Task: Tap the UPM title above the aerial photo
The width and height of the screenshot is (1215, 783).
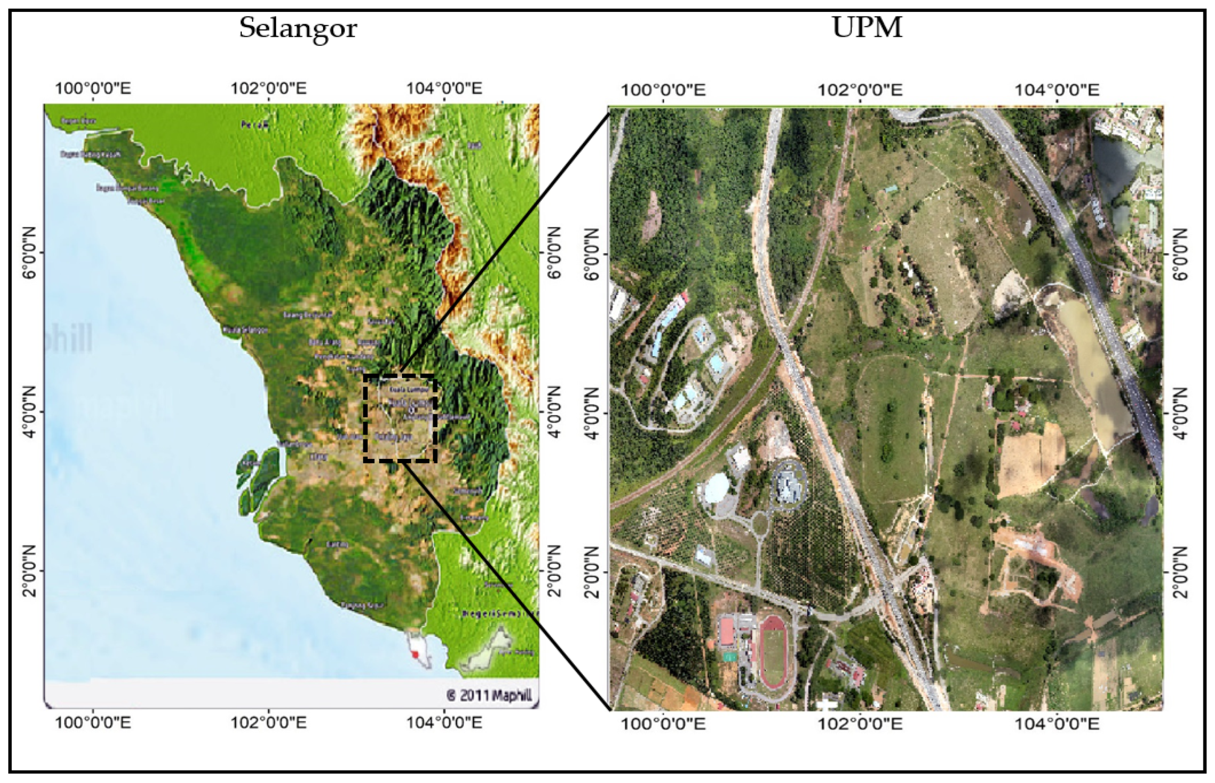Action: (867, 27)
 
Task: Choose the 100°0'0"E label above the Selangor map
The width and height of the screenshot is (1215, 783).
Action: (93, 88)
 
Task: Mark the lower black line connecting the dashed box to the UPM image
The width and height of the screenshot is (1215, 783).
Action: (503, 585)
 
